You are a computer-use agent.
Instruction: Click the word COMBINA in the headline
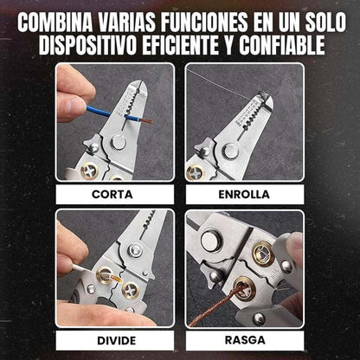coord(55,22)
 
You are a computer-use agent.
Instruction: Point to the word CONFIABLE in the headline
coord(282,45)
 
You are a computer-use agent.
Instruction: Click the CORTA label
coord(112,195)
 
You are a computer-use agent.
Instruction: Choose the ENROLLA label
coord(244,195)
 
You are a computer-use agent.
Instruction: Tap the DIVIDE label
coord(117,341)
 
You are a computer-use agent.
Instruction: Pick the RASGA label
coord(245,340)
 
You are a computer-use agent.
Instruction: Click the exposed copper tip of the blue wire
coord(145,120)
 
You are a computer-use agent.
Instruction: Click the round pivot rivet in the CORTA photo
coord(119,143)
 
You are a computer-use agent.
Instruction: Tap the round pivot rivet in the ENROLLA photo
coord(231,151)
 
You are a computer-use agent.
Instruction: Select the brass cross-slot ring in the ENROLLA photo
coord(196,172)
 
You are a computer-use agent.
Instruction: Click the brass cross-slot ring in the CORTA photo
coord(90,170)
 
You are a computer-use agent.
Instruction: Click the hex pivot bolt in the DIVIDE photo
coord(135,250)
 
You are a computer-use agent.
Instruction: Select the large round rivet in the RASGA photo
coord(210,241)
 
